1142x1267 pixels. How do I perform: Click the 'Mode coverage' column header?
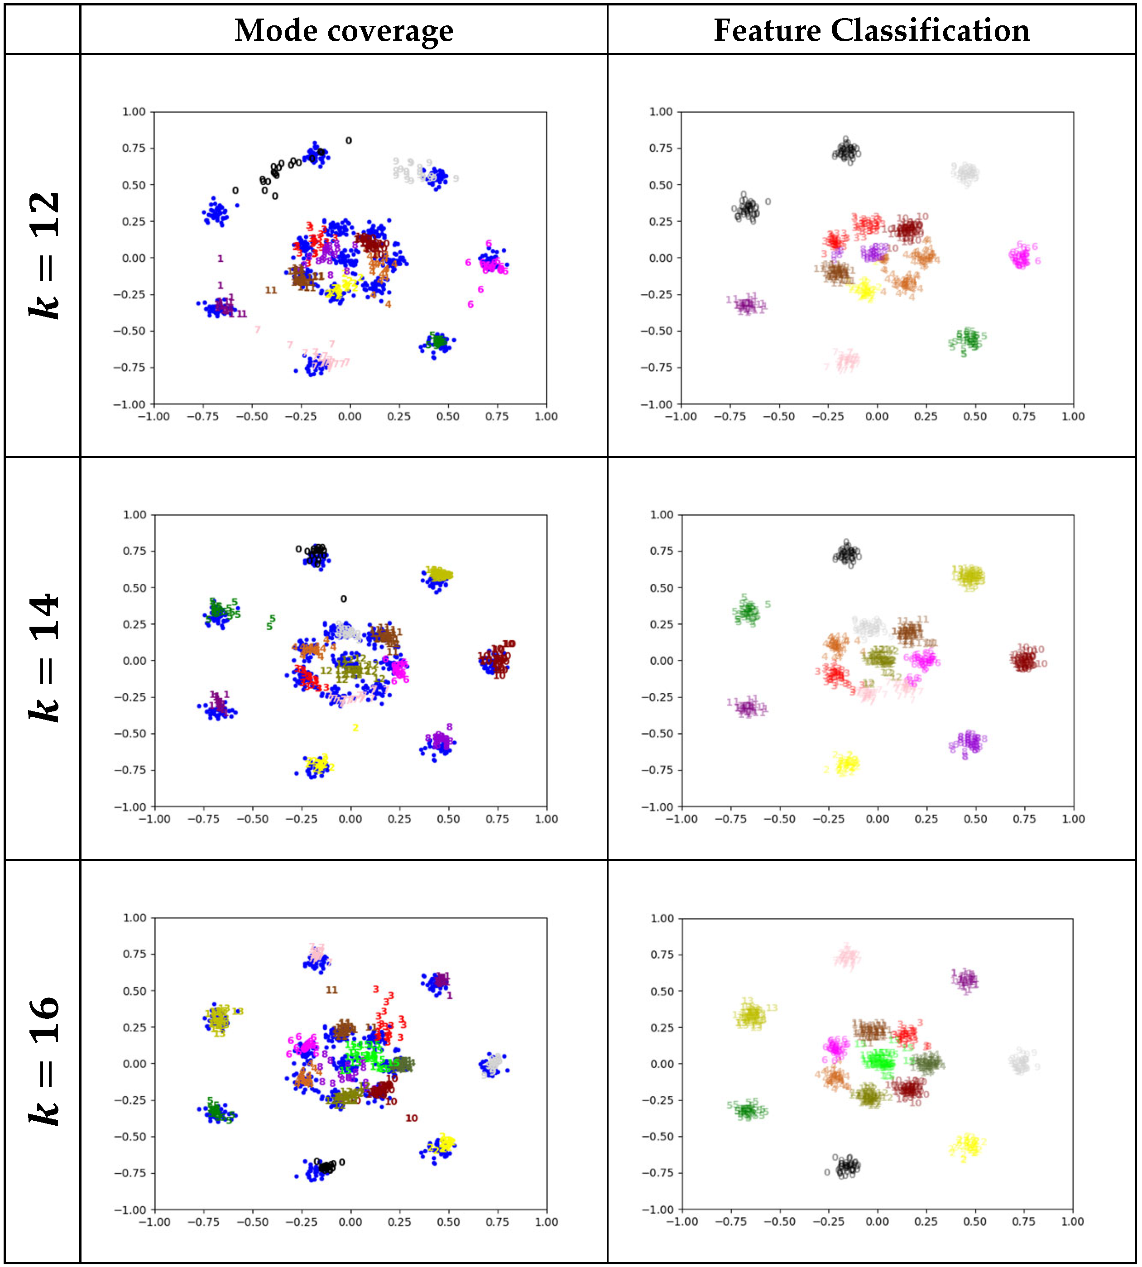343,30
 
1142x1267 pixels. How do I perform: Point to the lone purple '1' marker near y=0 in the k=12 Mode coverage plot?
220,259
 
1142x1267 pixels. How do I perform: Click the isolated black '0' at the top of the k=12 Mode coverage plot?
349,140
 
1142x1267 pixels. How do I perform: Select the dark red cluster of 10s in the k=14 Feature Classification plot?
1024,660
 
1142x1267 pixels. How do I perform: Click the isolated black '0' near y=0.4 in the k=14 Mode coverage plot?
343,599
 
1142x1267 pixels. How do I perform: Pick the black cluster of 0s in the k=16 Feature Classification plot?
847,1166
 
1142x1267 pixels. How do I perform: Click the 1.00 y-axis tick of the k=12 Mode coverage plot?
134,112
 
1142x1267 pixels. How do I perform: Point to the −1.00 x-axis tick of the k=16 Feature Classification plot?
681,1221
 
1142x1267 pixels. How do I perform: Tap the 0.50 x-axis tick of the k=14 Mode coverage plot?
448,819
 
